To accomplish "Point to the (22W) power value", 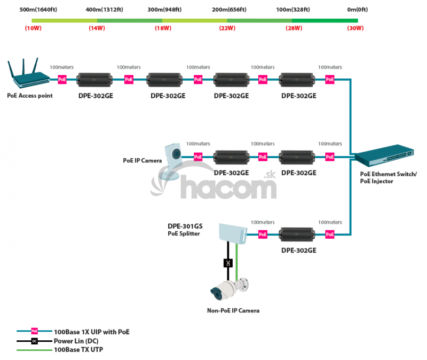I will pyautogui.click(x=227, y=28).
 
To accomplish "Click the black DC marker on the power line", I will pyautogui.click(x=227, y=263).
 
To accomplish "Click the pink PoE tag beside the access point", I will pyautogui.click(x=62, y=80).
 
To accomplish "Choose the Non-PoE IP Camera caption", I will pyautogui.click(x=233, y=310).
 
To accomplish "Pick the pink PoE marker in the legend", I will pyautogui.click(x=35, y=331).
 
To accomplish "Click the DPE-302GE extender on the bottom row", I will pyautogui.click(x=298, y=234).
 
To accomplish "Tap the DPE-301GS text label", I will pyautogui.click(x=185, y=226).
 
